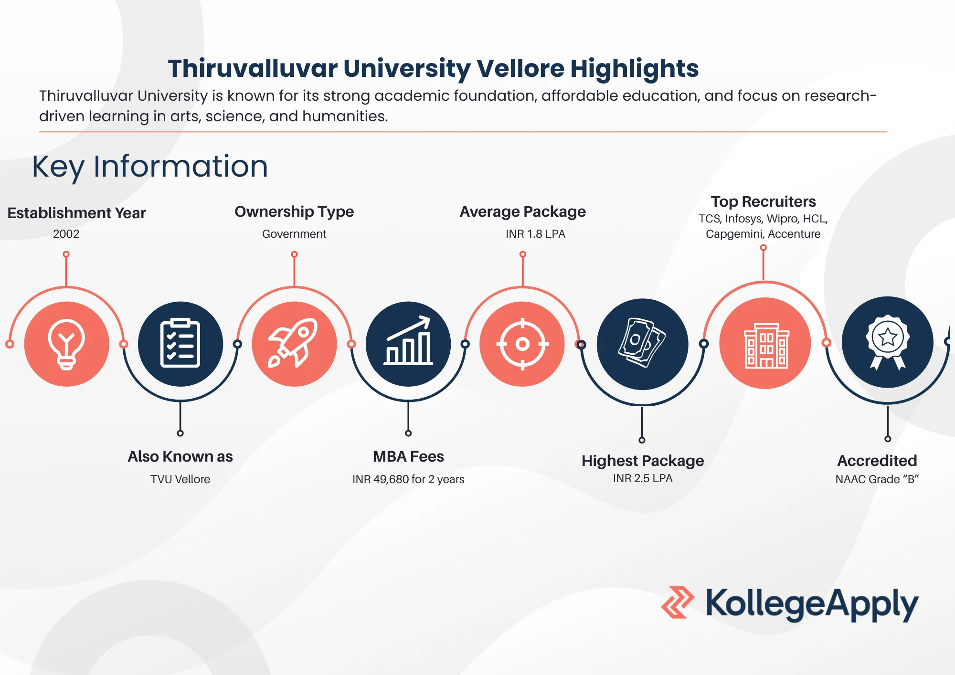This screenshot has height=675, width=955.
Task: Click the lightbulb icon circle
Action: pos(67,344)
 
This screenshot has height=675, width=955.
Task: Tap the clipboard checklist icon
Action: pos(180,343)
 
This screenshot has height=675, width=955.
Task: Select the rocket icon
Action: pos(293,343)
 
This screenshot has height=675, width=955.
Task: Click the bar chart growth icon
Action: pos(408,341)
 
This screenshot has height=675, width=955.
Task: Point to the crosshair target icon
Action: pos(522,344)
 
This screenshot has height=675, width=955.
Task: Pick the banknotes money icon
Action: pos(642,343)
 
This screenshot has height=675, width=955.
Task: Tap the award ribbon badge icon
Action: pos(888,342)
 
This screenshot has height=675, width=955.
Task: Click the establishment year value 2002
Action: pos(66,234)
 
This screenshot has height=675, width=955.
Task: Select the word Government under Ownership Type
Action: pos(294,234)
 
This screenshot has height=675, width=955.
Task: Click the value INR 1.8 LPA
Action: pos(535,234)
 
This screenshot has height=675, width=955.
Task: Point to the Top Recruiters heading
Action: pos(763,201)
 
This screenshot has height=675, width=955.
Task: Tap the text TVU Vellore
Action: pos(180,479)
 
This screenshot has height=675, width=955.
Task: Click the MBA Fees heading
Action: pos(408,456)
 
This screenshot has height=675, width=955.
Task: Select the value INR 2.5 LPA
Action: pos(643,478)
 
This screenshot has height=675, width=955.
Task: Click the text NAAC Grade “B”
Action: pos(877,479)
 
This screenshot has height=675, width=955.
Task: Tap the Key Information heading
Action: pos(150,167)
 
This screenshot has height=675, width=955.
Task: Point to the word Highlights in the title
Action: pos(635,68)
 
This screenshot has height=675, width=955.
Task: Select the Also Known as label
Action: pos(180,456)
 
